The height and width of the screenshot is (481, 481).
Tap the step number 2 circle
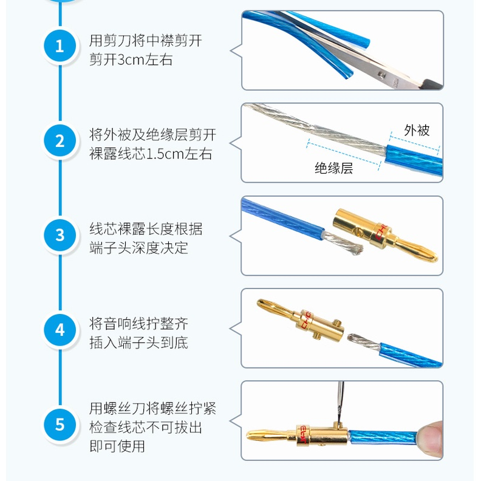tap(60, 141)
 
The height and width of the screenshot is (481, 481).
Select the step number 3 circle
tap(60, 235)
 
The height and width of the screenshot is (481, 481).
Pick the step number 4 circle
tap(60, 330)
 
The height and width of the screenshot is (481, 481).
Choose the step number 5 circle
tap(60, 423)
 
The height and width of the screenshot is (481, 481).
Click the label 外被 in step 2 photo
tap(417, 130)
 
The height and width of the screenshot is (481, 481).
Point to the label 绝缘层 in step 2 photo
tap(333, 168)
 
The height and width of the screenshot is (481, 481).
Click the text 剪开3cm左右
tap(131, 60)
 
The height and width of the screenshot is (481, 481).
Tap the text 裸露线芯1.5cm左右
tap(151, 154)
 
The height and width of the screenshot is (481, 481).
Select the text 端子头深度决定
tap(138, 248)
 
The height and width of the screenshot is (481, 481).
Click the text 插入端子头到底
tap(138, 343)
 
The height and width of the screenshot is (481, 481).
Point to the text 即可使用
tap(117, 446)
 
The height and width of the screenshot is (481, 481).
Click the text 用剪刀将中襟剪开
tap(145, 41)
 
